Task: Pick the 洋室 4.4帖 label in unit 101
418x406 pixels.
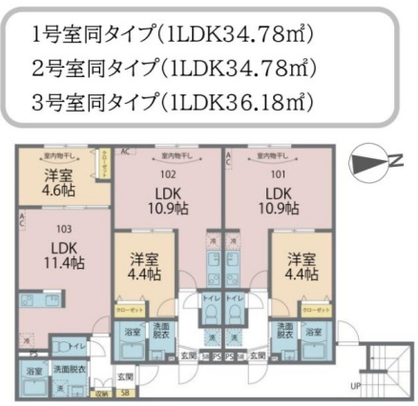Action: coord(299,266)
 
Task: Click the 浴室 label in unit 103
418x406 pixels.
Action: coord(33,369)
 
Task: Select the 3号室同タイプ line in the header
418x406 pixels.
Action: coord(172,98)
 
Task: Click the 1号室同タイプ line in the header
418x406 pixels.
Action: coord(172,35)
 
